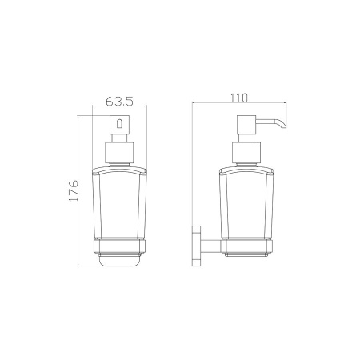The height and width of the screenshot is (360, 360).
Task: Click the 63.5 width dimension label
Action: point(119,102)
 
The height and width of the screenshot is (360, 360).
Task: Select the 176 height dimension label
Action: point(74,190)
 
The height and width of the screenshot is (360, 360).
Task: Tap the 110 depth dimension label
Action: point(239,98)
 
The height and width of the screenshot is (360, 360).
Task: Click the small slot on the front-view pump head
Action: point(119,123)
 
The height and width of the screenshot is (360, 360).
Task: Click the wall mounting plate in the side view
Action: point(196,246)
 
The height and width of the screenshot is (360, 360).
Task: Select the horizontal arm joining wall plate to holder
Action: point(210,246)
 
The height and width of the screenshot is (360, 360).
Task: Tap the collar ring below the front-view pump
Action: point(119,153)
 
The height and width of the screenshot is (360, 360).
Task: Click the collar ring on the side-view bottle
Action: point(246,153)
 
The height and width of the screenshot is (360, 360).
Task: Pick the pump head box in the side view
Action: point(246,125)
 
